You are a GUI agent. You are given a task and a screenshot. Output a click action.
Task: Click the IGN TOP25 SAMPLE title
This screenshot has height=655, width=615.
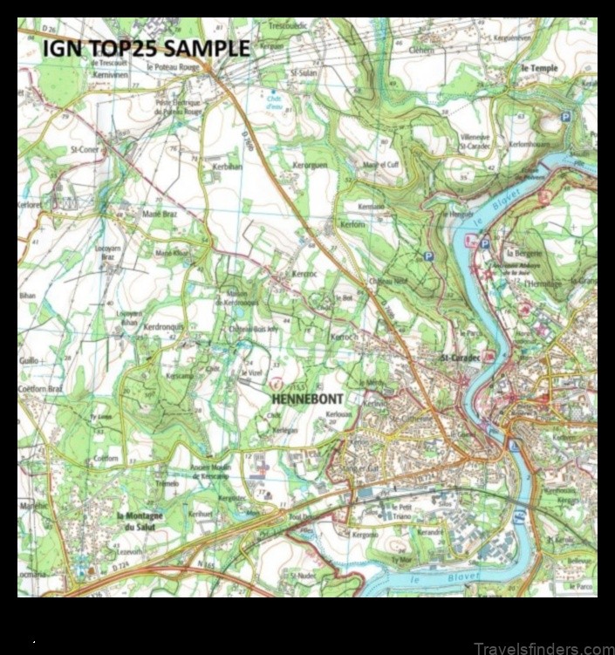(147, 49)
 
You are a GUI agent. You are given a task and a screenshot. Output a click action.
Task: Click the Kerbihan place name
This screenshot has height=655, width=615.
(227, 166)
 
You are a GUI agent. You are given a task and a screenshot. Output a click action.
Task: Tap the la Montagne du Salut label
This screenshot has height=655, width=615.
(140, 521)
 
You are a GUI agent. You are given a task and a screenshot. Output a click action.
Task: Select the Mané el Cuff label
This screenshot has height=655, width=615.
(379, 165)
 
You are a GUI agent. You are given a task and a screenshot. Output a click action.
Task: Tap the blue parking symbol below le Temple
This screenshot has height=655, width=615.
(565, 117)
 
